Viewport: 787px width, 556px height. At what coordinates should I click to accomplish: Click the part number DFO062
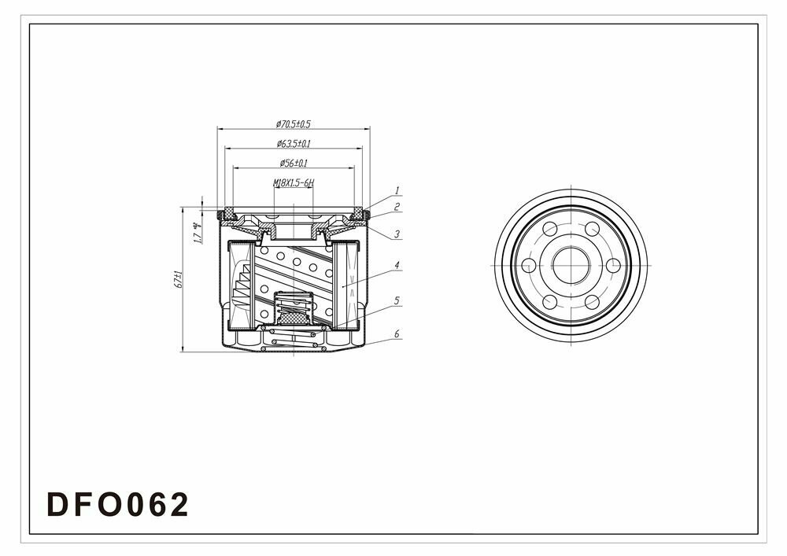(x=119, y=504)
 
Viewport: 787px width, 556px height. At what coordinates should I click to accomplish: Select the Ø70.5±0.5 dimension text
(x=294, y=124)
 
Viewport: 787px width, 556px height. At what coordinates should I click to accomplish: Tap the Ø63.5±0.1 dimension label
(x=294, y=144)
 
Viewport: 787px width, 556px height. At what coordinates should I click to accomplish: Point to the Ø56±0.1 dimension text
(x=294, y=164)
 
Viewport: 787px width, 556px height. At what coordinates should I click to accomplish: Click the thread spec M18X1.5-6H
(x=294, y=183)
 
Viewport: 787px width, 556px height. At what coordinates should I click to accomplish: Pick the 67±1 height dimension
(x=179, y=280)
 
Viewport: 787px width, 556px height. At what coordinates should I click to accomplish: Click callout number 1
(x=397, y=190)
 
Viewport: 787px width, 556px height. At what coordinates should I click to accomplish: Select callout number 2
(x=397, y=207)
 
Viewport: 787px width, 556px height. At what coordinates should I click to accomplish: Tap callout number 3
(x=397, y=234)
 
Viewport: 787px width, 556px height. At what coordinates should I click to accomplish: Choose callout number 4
(x=397, y=266)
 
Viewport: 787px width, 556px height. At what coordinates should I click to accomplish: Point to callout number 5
(x=397, y=300)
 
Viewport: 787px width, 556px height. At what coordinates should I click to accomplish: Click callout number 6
(x=397, y=334)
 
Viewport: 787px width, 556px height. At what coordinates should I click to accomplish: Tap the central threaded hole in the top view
(x=571, y=265)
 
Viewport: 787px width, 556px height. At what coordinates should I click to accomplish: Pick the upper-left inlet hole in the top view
(x=550, y=228)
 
